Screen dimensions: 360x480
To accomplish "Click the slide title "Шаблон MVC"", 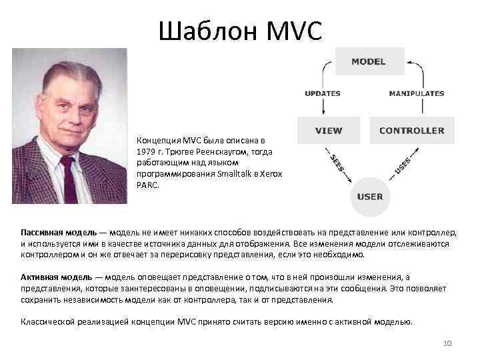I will coord(241,30).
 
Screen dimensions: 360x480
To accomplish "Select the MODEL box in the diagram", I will coord(369,61).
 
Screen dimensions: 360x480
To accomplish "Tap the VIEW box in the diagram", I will coord(329,131).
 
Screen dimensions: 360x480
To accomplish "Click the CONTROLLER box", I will coord(411,131).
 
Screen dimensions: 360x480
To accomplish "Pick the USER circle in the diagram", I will coord(370,197).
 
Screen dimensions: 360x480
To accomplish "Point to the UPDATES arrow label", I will coord(323,93).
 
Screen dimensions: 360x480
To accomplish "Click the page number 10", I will coord(448,343).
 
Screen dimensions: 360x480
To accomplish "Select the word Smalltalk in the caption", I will coord(237,173).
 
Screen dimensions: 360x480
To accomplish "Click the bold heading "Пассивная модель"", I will coord(58,233).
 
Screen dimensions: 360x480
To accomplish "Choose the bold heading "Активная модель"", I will coord(56,277).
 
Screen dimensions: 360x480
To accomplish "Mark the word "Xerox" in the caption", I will coord(271,173).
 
